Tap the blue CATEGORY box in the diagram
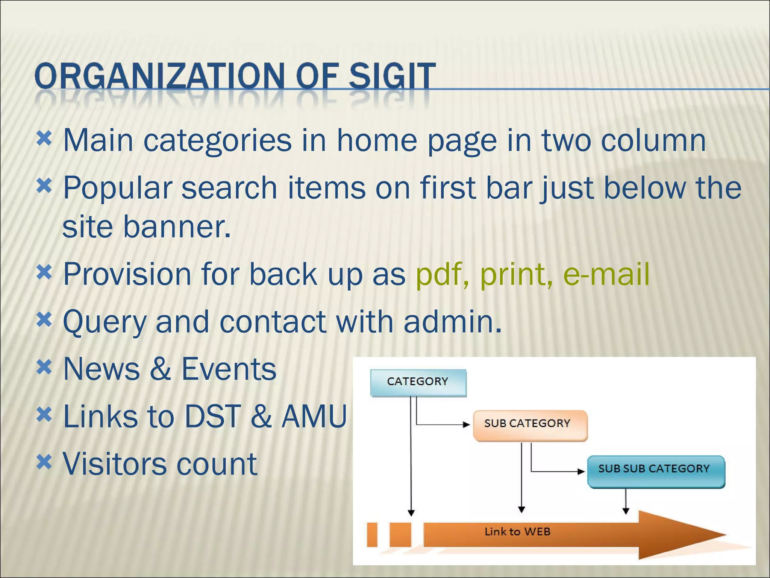418,382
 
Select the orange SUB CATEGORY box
530,424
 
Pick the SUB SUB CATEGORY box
656,470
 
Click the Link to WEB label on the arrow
517,532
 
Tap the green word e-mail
606,274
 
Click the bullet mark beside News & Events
44,367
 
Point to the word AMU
314,416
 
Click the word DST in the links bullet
212,416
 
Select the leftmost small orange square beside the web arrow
372,534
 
